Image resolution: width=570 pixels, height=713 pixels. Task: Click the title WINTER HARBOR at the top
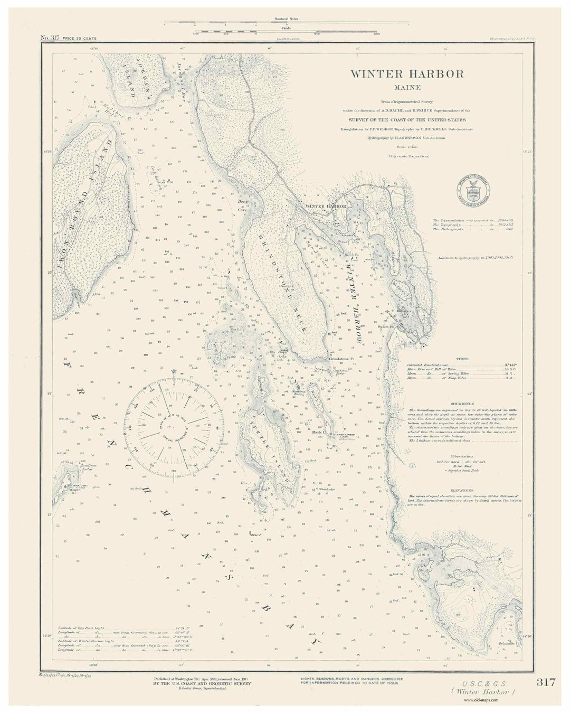[x=407, y=74]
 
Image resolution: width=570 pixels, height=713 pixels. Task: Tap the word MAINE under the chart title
[x=407, y=88]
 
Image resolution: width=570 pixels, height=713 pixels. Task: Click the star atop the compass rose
[x=174, y=372]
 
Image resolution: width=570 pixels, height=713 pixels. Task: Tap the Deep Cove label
[x=243, y=204]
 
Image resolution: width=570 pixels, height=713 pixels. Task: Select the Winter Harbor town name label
[x=326, y=206]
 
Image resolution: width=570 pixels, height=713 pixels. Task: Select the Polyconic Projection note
[x=408, y=156]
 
